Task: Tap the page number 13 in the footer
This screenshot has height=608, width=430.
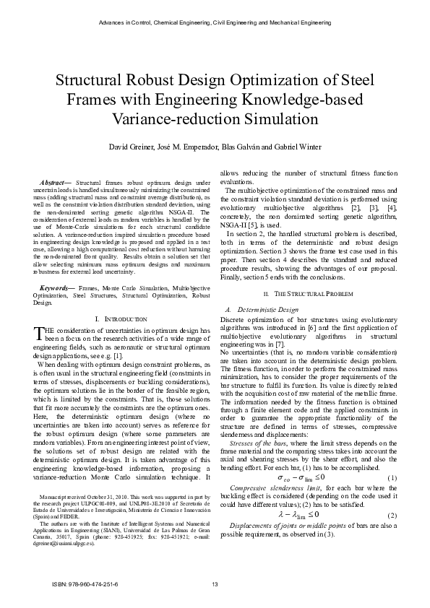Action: coord(215,584)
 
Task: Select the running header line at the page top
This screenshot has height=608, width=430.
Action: coord(215,23)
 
